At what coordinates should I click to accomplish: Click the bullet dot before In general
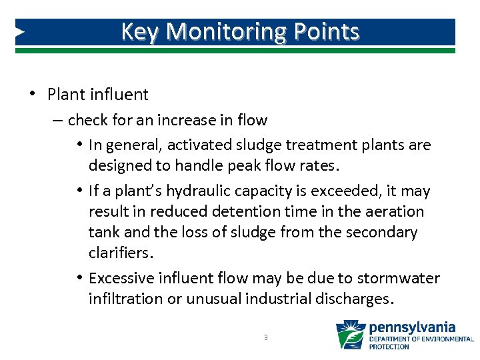79,145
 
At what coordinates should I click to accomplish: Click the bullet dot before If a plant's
79,191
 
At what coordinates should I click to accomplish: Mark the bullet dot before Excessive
79,277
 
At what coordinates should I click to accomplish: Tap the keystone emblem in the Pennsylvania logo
350,334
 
